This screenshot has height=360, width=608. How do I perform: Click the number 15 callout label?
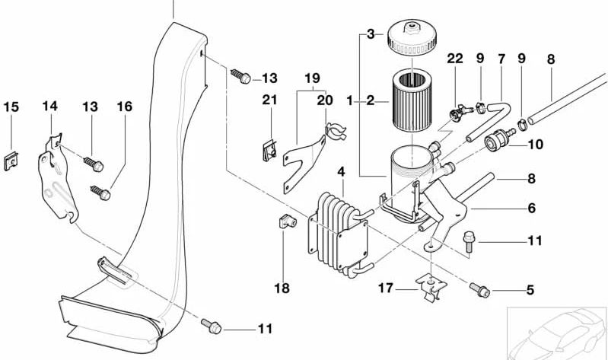point(11,106)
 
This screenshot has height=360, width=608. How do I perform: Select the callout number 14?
point(49,106)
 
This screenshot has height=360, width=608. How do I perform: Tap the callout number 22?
point(455,59)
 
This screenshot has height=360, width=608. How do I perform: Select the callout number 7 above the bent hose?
point(501,59)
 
